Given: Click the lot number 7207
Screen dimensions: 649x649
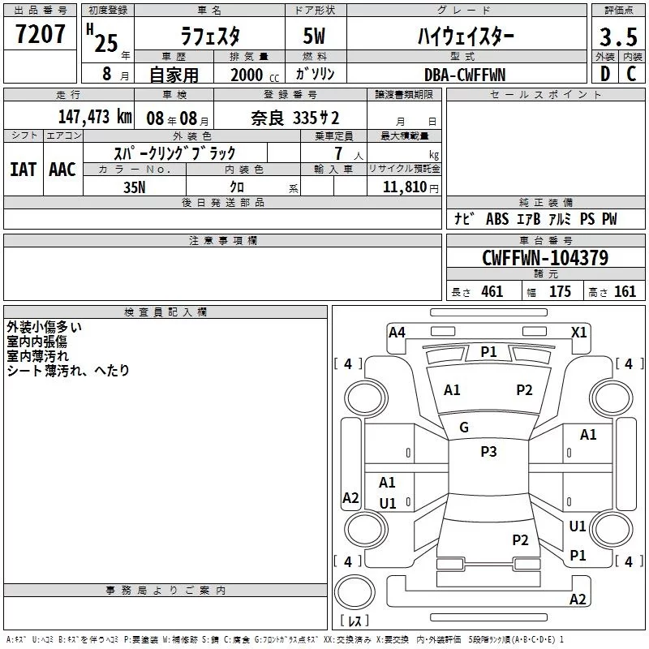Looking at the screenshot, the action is (40, 34).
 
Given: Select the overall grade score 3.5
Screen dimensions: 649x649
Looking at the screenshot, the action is (618, 37).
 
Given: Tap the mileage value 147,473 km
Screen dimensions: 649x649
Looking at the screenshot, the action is (95, 117).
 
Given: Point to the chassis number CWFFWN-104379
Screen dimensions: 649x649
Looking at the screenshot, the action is (545, 258).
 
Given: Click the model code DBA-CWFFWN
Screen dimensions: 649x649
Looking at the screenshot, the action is (465, 75).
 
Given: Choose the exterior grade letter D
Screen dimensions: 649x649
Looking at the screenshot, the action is (605, 74).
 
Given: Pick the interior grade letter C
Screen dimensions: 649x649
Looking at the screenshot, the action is (631, 74).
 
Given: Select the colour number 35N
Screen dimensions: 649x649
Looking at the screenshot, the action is (135, 187).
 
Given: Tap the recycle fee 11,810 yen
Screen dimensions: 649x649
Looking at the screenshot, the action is (410, 187).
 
